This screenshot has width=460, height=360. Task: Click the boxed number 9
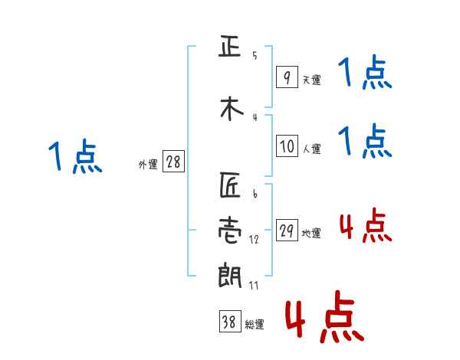pos(286,77)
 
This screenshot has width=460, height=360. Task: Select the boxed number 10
pos(286,146)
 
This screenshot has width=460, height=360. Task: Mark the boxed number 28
pos(172,163)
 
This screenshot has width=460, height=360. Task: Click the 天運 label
pos(311,80)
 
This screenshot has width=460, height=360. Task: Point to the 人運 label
pos(311,148)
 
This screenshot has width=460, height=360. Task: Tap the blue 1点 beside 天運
pos(365,74)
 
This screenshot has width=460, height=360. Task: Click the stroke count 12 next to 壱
pos(254,239)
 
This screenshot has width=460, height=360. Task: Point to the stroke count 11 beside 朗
pos(254,285)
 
